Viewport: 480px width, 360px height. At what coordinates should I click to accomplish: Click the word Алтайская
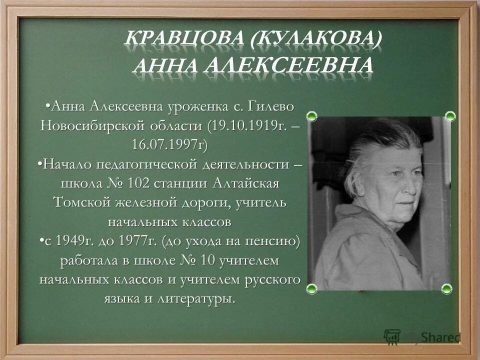tap(245, 183)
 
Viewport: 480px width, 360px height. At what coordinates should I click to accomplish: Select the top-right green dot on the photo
tap(450, 116)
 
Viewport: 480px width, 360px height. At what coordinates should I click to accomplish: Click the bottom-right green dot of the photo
tap(446, 289)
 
